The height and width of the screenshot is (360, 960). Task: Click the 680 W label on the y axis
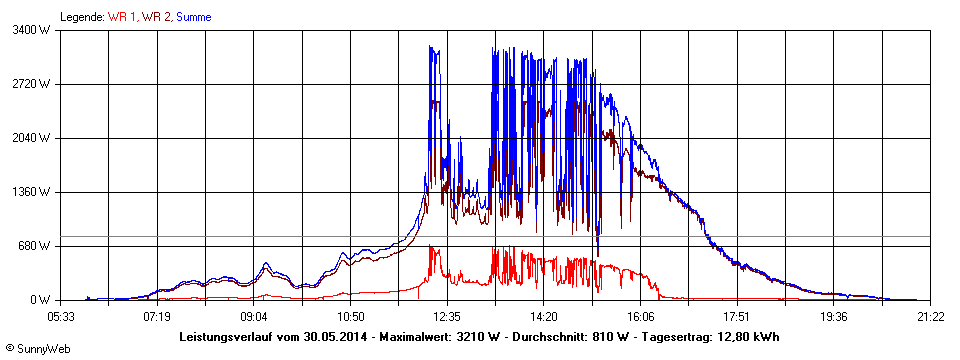tap(36, 246)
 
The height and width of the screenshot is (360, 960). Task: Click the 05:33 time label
tap(61, 316)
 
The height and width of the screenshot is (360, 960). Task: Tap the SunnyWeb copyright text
tap(37, 351)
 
